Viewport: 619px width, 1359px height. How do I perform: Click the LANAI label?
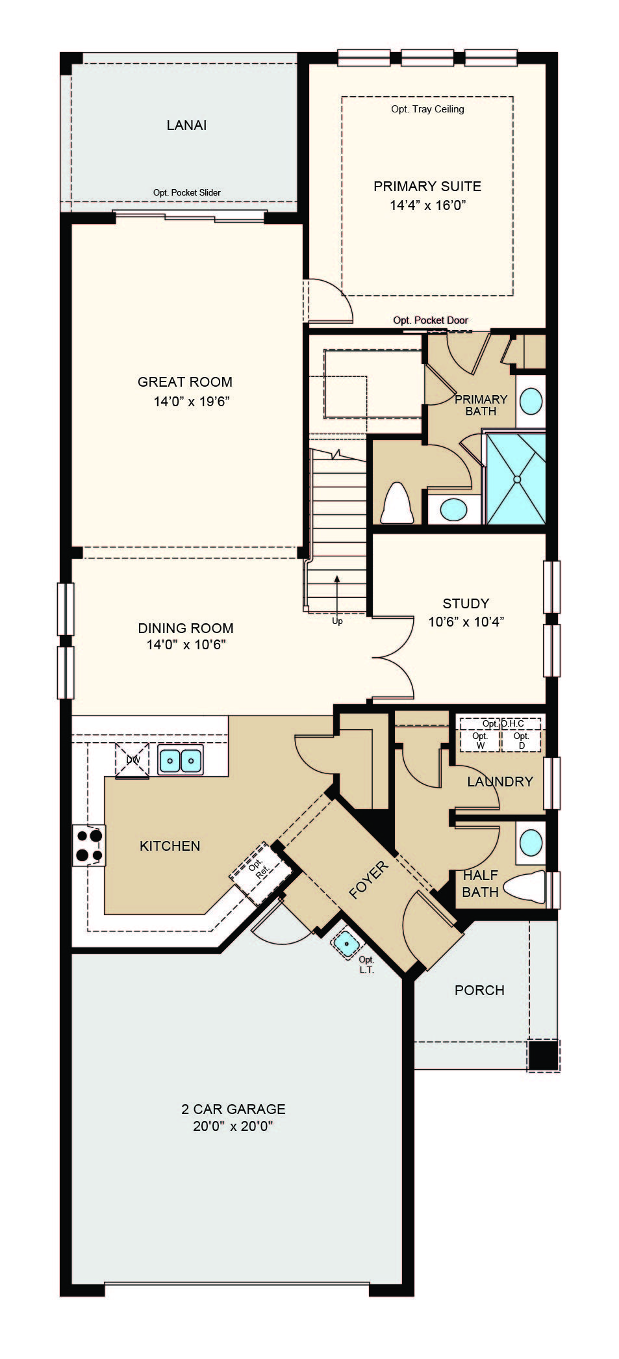click(x=186, y=125)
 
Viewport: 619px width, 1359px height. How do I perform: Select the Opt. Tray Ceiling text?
click(x=427, y=109)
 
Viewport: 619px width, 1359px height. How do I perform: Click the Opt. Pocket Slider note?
click(x=186, y=192)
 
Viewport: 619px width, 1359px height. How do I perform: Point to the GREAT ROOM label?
click(x=185, y=382)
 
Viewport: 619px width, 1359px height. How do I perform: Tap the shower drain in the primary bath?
click(x=517, y=479)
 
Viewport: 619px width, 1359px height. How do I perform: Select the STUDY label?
click(x=466, y=603)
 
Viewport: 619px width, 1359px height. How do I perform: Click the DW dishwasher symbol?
click(x=133, y=760)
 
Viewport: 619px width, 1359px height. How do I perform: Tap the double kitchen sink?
click(x=181, y=759)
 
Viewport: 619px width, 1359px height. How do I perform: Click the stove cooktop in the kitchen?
click(x=88, y=846)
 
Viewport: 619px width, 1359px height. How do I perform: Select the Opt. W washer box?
click(x=480, y=740)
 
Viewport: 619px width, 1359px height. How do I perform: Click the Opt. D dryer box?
click(x=521, y=740)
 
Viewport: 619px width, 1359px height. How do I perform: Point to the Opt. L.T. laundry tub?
click(x=347, y=943)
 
